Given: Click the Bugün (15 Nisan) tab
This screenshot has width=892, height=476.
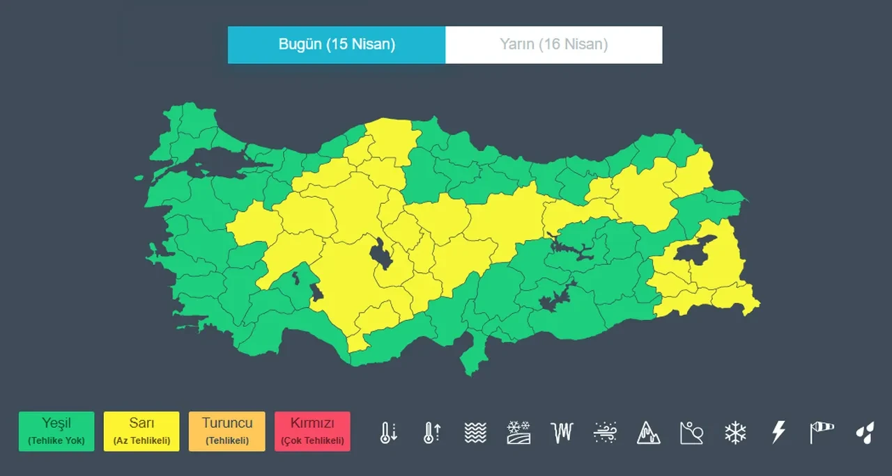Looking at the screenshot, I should pyautogui.click(x=337, y=45).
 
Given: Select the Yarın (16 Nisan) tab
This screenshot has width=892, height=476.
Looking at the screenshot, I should pyautogui.click(x=553, y=45).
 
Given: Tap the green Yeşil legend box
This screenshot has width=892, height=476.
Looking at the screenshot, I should pyautogui.click(x=56, y=431).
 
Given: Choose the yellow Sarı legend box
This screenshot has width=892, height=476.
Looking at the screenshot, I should pyautogui.click(x=141, y=431).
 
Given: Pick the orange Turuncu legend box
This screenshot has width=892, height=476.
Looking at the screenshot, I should pyautogui.click(x=227, y=431).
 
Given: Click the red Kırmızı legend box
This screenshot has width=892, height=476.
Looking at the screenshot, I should pyautogui.click(x=312, y=431).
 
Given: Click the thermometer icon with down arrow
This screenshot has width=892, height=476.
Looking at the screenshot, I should pyautogui.click(x=388, y=432).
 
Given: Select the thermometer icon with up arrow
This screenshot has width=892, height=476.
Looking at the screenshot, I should pyautogui.click(x=431, y=432).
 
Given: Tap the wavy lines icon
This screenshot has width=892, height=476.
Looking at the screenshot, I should pyautogui.click(x=475, y=432).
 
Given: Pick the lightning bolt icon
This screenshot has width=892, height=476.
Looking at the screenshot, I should pyautogui.click(x=778, y=432).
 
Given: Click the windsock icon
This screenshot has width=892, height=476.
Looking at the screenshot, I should pyautogui.click(x=822, y=432).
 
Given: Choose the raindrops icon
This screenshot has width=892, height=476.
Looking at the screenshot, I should pyautogui.click(x=865, y=432).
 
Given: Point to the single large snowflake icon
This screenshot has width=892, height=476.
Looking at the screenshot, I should pyautogui.click(x=735, y=432).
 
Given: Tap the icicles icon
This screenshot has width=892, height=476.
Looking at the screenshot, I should pyautogui.click(x=562, y=432).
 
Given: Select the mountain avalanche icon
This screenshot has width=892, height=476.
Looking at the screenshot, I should pyautogui.click(x=648, y=432).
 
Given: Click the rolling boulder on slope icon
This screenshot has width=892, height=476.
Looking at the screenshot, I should pyautogui.click(x=691, y=432).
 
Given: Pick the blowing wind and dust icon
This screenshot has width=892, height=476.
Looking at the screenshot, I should pyautogui.click(x=605, y=432).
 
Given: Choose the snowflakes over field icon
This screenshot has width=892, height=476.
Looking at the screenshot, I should pyautogui.click(x=518, y=432).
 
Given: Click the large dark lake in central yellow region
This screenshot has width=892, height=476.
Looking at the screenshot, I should pyautogui.click(x=382, y=254).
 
